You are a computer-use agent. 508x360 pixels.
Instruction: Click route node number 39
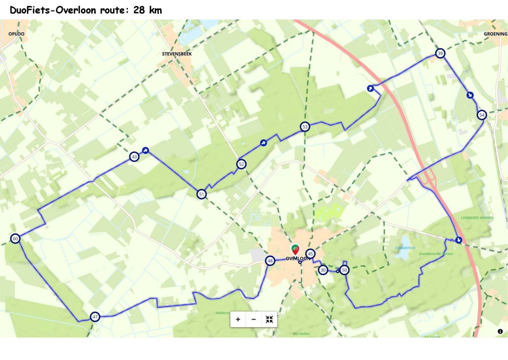click(x=440, y=54)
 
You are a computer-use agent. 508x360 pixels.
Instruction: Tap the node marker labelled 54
click(x=482, y=115)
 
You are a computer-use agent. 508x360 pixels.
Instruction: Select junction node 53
click(x=305, y=127)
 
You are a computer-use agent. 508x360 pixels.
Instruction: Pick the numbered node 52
click(x=241, y=164)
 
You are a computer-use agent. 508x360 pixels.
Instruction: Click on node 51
click(x=201, y=194)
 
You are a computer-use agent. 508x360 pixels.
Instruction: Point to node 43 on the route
click(x=134, y=157)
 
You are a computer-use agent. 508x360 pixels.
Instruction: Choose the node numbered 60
click(x=15, y=239)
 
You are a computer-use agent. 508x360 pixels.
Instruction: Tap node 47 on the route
click(x=95, y=316)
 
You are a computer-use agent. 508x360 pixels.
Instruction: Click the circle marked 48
click(x=270, y=261)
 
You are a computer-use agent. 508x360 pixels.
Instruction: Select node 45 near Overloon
click(x=310, y=254)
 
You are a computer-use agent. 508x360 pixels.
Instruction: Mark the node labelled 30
click(x=323, y=270)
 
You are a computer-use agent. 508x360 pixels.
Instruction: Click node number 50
click(x=344, y=270)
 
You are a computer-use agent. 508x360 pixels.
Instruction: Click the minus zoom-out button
click(x=254, y=319)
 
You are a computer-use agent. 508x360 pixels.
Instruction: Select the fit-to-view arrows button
click(x=269, y=319)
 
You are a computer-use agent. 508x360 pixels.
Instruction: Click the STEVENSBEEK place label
click(x=177, y=53)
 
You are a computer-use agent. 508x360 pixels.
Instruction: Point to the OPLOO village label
click(x=16, y=34)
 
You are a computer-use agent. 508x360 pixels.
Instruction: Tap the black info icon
click(x=500, y=331)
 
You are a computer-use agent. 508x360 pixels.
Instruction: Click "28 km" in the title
click(x=148, y=10)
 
